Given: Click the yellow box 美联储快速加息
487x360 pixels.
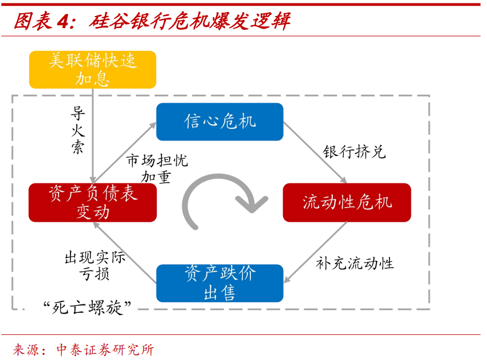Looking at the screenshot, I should (92, 69).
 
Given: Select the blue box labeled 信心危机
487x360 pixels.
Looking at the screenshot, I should (220, 122).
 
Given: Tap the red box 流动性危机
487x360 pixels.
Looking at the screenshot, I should (347, 202).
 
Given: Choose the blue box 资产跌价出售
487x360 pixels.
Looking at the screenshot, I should (220, 283).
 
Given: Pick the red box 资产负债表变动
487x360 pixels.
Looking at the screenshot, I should (93, 202).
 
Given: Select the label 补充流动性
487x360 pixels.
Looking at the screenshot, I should (355, 263).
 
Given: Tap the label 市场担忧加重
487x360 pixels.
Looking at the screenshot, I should (156, 169).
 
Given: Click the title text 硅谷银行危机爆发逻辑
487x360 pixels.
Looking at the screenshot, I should (190, 21).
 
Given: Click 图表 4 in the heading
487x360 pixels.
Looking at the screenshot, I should (40, 21).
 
